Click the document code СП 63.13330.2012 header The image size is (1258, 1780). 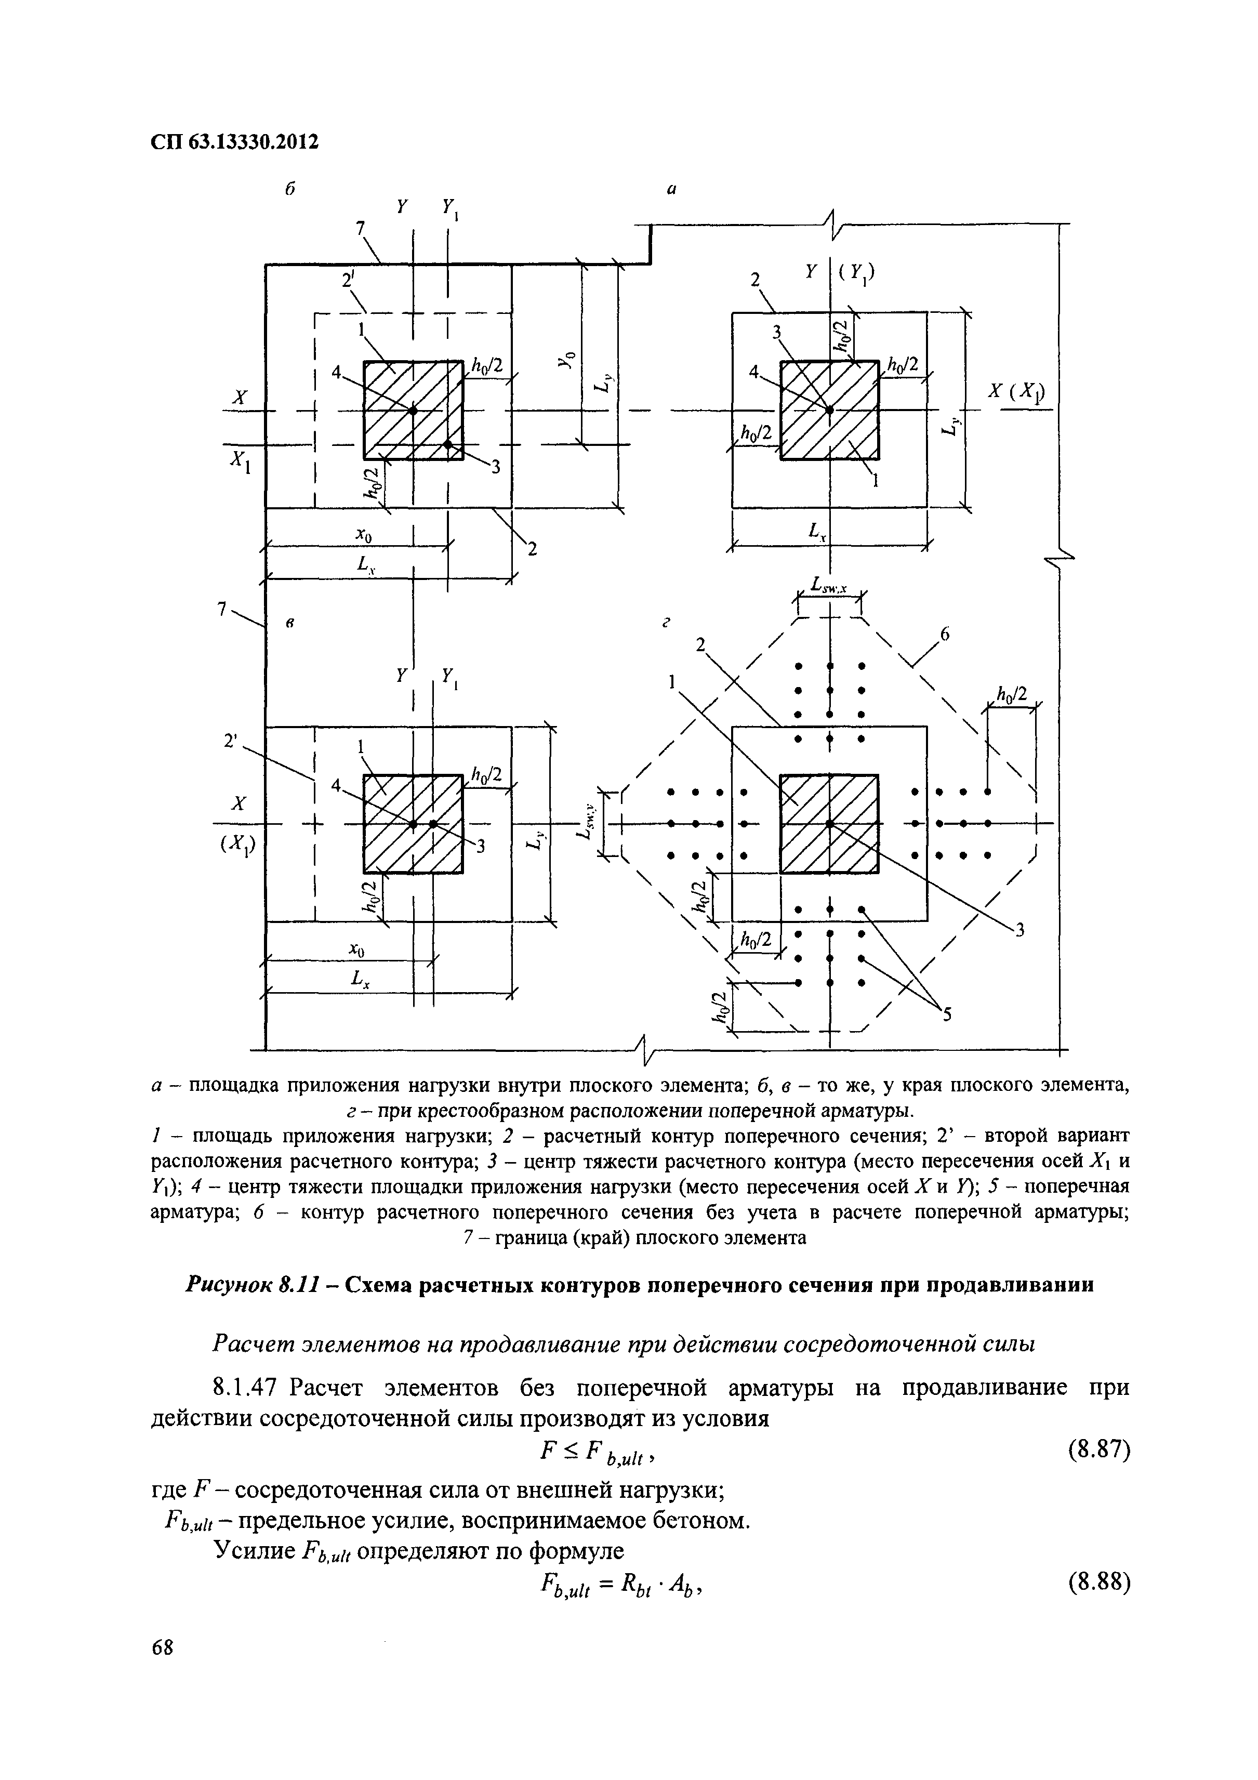click(x=234, y=142)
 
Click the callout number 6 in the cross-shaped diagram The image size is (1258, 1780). click(x=944, y=636)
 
